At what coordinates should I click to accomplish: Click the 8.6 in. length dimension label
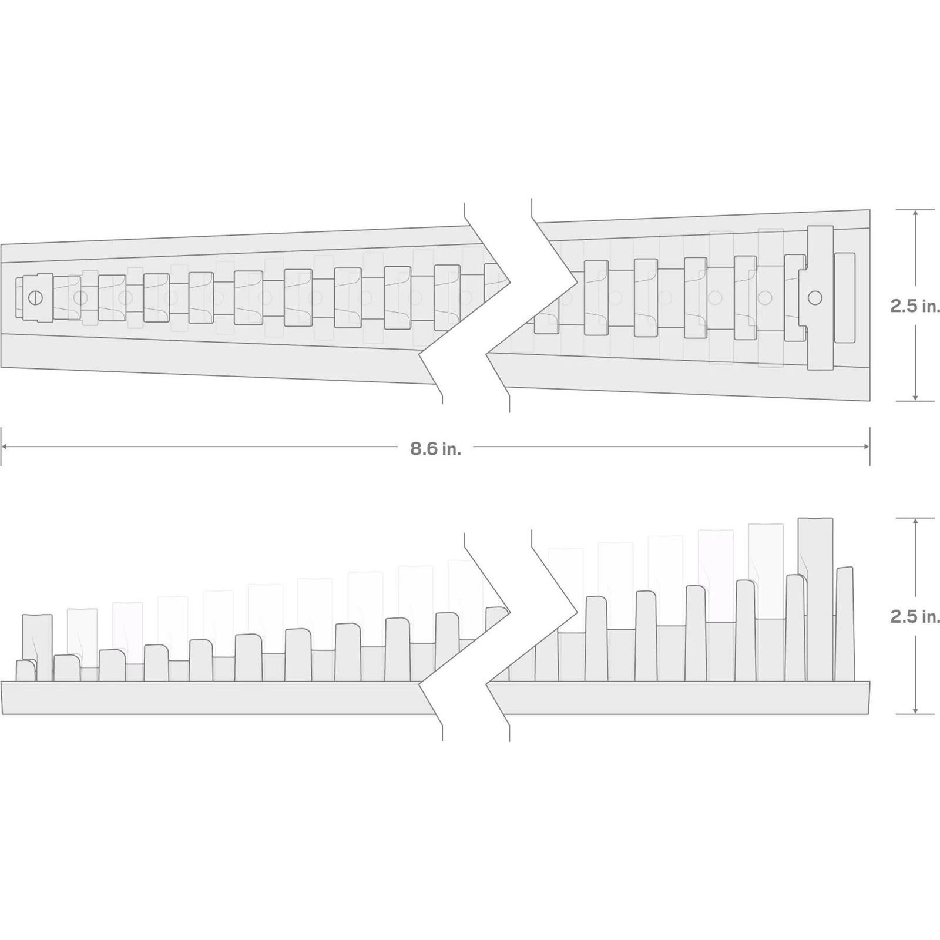(x=435, y=449)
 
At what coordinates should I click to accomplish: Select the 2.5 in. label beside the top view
(x=915, y=305)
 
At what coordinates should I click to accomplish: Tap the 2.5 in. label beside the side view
(x=915, y=616)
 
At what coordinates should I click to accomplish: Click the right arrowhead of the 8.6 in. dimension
(x=866, y=446)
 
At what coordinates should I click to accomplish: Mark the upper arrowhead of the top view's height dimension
(x=915, y=214)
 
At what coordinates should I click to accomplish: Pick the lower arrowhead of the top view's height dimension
(x=915, y=397)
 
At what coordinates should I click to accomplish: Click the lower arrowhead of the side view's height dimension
(x=915, y=710)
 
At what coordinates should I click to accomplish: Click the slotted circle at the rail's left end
(x=36, y=298)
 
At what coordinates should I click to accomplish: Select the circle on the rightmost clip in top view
(x=814, y=298)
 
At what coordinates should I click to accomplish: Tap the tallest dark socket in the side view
(x=816, y=599)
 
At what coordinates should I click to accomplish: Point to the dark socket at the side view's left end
(x=37, y=647)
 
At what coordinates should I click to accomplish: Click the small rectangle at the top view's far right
(x=845, y=298)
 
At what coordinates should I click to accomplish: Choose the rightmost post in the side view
(x=844, y=624)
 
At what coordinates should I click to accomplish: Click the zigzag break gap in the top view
(x=499, y=305)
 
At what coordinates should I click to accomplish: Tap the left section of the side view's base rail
(x=217, y=698)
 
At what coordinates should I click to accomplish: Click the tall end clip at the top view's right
(x=821, y=298)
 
